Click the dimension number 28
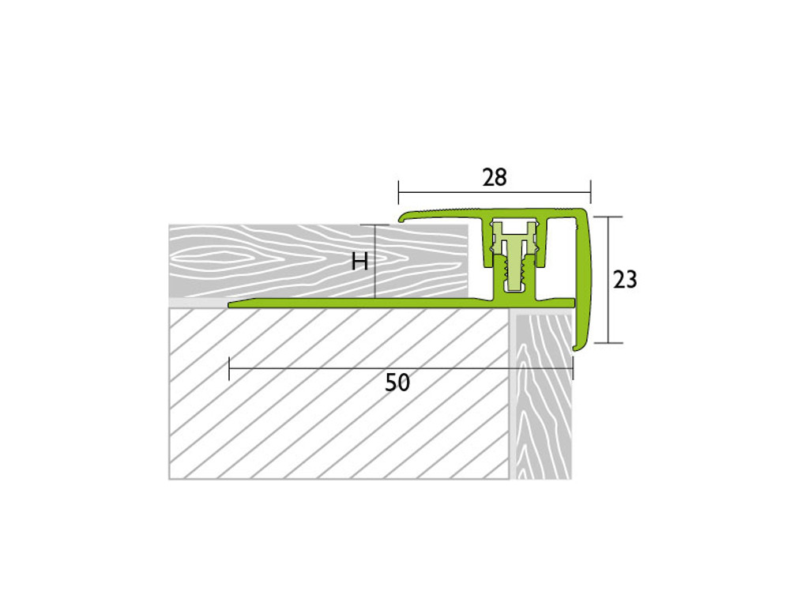495,177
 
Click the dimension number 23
626,280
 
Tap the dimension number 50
397,383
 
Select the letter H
359,262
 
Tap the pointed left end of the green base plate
231,305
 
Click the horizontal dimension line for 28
495,193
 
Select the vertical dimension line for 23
608,280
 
